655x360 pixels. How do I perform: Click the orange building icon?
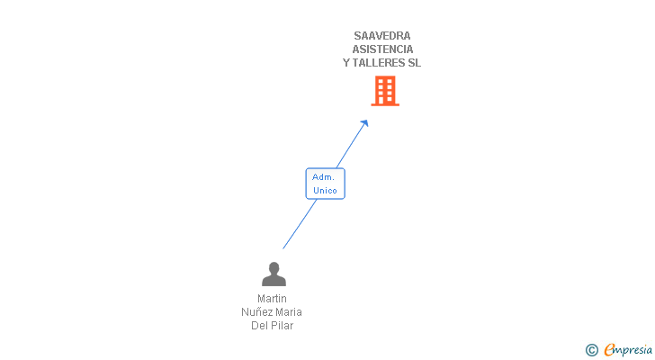coord(385,91)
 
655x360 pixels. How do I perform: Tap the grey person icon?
coord(274,274)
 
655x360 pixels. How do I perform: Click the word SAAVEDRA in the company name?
coord(382,36)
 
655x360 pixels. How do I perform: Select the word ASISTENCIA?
coord(382,49)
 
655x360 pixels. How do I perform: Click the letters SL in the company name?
coord(414,63)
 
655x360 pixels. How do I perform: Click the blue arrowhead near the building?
coord(364,123)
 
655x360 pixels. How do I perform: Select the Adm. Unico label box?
coord(324,184)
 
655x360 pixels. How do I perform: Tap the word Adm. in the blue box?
coord(324,177)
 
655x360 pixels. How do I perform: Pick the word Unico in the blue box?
coord(325,191)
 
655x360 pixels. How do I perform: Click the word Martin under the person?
coord(272,299)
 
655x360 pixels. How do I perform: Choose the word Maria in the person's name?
coord(289,312)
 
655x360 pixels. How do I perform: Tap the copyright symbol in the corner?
coord(591,350)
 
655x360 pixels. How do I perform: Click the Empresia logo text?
coord(628,350)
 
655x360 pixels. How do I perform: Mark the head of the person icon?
coord(274,267)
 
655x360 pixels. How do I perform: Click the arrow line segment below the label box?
coord(299,224)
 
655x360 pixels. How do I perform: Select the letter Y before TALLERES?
coord(346,63)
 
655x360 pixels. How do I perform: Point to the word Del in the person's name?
coord(259,326)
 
